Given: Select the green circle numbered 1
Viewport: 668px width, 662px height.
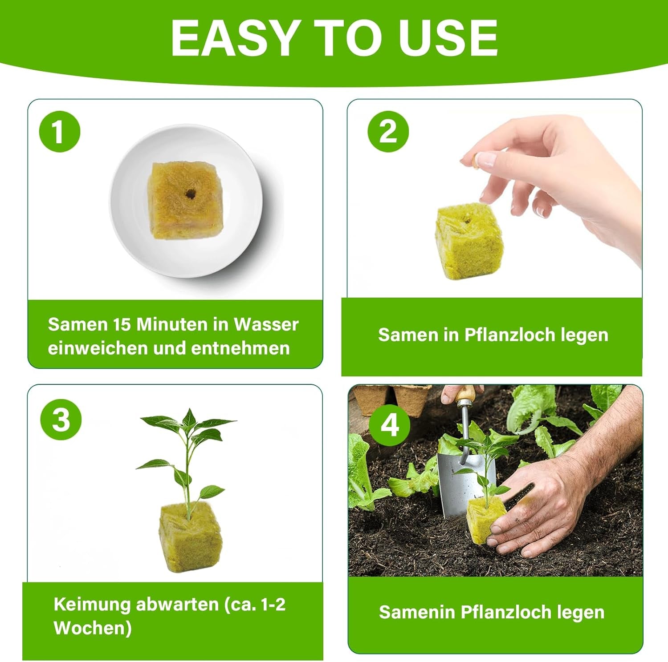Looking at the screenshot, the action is [60, 132].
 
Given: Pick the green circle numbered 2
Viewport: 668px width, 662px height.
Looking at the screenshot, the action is [388, 131].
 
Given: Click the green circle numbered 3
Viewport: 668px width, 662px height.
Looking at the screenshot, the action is [61, 419].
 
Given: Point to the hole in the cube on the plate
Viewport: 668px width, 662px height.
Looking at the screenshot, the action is [191, 194].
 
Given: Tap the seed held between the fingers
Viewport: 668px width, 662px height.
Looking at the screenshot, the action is [476, 160].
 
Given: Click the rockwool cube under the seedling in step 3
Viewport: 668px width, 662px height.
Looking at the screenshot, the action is [191, 537].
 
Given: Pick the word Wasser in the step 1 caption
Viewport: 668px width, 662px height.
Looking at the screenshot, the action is [266, 324].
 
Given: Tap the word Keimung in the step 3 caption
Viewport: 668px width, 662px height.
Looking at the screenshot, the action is [92, 605].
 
